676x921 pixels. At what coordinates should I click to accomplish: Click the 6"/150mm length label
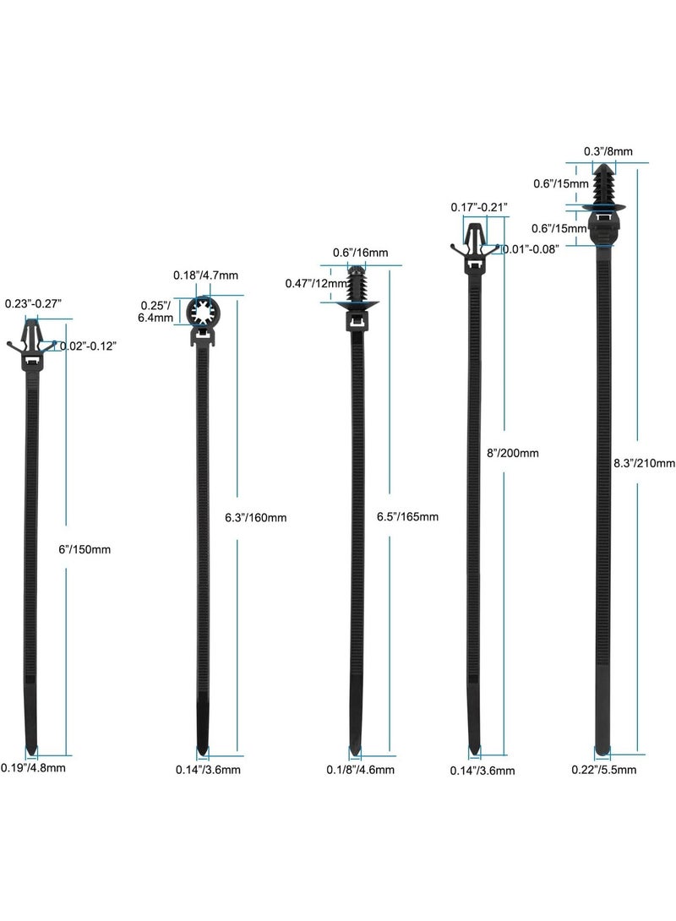pyautogui.click(x=84, y=550)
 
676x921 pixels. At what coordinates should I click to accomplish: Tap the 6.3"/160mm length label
pyautogui.click(x=255, y=517)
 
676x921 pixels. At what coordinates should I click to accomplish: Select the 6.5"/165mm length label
pyautogui.click(x=407, y=517)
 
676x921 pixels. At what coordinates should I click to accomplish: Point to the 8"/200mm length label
pyautogui.click(x=513, y=453)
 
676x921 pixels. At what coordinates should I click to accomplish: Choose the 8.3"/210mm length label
pyautogui.click(x=644, y=463)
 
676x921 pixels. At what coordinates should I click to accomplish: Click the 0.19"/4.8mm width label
pyautogui.click(x=33, y=768)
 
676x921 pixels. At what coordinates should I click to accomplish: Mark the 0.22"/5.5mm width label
pyautogui.click(x=604, y=770)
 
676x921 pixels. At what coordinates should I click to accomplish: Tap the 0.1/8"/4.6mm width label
pyautogui.click(x=360, y=770)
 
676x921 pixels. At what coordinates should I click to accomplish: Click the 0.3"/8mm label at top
pyautogui.click(x=608, y=151)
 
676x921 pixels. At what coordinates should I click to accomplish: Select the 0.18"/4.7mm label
pyautogui.click(x=205, y=275)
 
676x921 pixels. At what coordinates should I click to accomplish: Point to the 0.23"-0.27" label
pyautogui.click(x=33, y=303)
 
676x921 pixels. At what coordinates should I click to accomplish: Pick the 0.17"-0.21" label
pyautogui.click(x=478, y=207)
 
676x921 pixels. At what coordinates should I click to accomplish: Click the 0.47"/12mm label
pyautogui.click(x=317, y=284)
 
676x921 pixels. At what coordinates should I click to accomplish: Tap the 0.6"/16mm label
pyautogui.click(x=360, y=253)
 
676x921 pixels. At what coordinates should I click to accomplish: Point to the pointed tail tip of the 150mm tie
pyautogui.click(x=32, y=754)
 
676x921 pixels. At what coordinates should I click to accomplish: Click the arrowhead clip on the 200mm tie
pyautogui.click(x=475, y=242)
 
